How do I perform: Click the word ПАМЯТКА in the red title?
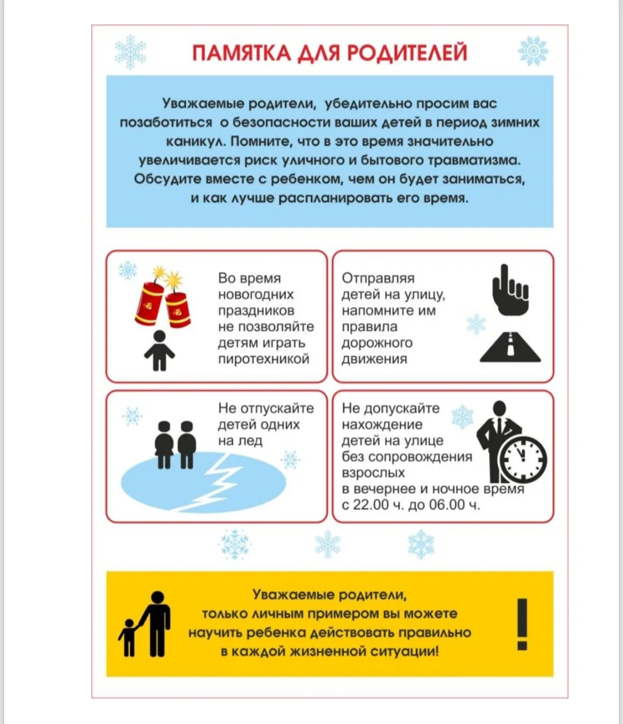pos(241,52)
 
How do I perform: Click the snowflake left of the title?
pos(130,52)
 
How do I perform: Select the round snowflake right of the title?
pos(532,51)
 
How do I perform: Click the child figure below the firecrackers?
pos(159,351)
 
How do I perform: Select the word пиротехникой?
pos(264,359)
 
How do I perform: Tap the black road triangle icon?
pos(510,347)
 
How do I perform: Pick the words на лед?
pos(240,441)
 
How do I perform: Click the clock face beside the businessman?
pos(523,459)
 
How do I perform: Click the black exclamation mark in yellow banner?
pos(522,624)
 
